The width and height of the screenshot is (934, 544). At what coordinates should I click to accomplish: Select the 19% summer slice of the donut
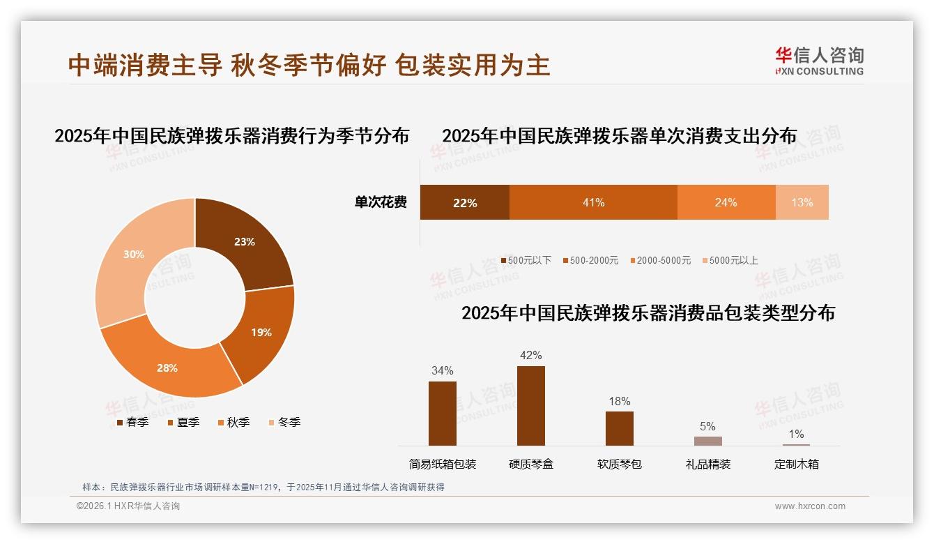(x=262, y=332)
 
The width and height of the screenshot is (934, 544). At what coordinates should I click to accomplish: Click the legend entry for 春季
(x=132, y=422)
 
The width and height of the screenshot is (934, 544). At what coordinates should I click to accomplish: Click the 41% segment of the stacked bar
(x=593, y=202)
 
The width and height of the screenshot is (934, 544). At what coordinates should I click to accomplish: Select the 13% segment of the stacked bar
(x=802, y=202)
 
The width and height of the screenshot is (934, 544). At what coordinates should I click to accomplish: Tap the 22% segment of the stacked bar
(x=464, y=202)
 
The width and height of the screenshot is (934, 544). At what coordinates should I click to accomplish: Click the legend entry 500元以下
(x=526, y=260)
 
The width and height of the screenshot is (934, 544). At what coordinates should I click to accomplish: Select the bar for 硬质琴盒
(x=530, y=405)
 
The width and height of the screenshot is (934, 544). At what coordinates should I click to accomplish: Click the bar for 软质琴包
(x=619, y=428)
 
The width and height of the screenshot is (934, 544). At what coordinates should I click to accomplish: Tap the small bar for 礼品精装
(x=707, y=441)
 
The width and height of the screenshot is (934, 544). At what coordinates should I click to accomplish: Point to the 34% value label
(x=442, y=370)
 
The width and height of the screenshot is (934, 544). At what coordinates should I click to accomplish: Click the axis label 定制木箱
(x=796, y=464)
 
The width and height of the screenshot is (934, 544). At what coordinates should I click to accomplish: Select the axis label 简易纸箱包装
(x=442, y=464)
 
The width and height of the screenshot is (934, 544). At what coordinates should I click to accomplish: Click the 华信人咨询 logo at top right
(x=819, y=61)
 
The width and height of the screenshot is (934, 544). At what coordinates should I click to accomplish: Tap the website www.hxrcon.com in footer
(x=810, y=506)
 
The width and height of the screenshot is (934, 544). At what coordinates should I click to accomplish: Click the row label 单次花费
(x=380, y=202)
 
